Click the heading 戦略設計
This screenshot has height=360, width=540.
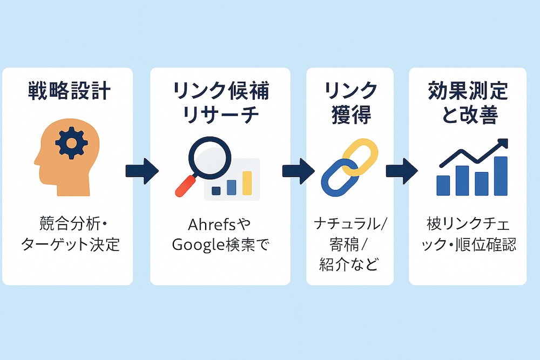(x=69, y=91)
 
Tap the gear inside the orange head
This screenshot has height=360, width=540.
(x=71, y=143)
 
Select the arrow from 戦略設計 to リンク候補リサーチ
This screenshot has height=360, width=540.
(x=142, y=171)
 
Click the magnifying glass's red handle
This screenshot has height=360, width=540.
(x=185, y=186)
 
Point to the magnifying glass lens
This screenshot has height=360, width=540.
(x=210, y=158)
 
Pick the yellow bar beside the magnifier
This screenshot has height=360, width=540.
(x=247, y=183)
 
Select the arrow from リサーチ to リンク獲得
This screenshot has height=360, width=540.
(x=298, y=171)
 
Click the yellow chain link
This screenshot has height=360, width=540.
(x=360, y=157)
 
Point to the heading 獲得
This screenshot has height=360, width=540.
(x=351, y=114)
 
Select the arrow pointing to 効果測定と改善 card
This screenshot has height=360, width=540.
(x=402, y=171)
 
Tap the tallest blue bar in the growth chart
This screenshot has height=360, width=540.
(x=501, y=176)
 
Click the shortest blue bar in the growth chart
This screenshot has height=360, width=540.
(x=443, y=186)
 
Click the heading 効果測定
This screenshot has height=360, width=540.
(x=468, y=91)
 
